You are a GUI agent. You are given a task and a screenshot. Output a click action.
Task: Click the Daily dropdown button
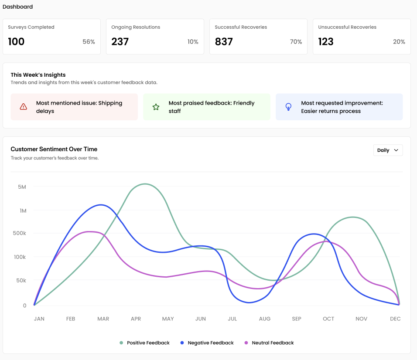388,150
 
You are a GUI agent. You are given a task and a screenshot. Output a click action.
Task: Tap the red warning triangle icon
24,107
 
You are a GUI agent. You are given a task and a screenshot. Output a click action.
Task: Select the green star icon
156,107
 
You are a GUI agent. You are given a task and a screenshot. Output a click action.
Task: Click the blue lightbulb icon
288,107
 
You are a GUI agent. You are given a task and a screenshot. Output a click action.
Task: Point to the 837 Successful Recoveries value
224,42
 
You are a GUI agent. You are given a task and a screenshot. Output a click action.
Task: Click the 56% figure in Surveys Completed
89,42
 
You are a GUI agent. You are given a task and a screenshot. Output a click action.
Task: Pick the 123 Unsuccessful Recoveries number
326,42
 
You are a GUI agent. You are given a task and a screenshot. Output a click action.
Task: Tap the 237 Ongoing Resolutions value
120,42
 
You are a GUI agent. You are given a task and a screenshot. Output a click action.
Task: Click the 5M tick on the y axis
22,187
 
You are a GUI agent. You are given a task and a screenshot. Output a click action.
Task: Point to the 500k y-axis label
20,233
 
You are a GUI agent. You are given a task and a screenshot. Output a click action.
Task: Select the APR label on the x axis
136,319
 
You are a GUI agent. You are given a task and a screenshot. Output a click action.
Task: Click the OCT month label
328,319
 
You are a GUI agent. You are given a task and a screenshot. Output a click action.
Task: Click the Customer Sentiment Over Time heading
54,149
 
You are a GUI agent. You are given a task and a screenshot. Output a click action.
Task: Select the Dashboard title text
17,7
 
